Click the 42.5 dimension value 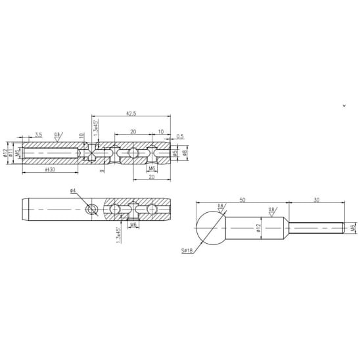click(133, 112)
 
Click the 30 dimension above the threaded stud click(315, 198)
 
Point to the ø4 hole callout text click(74, 191)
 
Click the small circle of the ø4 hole click(92, 210)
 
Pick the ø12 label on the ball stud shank click(259, 229)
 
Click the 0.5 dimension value click(179, 137)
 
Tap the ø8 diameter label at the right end click(185, 153)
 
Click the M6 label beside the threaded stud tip click(353, 228)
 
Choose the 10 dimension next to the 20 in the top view click(161, 132)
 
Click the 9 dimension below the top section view click(102, 170)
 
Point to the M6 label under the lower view click(133, 225)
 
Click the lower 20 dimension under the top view click(152, 177)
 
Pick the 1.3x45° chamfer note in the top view click(97, 126)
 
